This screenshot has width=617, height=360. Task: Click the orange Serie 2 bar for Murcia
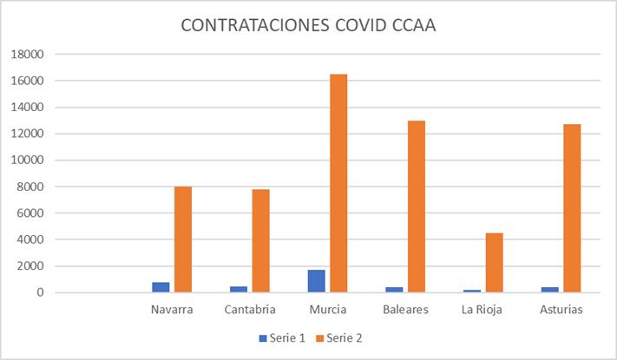coord(338,183)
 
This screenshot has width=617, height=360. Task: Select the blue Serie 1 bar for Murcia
coord(316,281)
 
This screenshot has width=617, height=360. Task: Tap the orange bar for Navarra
coord(182,239)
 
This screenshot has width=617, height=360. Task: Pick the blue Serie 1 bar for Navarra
coord(161,287)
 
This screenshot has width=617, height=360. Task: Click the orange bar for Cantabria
coord(260,240)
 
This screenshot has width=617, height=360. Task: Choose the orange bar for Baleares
coord(417,206)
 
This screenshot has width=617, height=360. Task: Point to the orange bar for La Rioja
coord(494,262)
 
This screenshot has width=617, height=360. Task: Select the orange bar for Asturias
coord(572,208)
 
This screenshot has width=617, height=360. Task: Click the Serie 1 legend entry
coord(281,337)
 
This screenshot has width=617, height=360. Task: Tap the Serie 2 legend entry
coord(339,337)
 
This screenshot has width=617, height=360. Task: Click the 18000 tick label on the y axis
coord(26,55)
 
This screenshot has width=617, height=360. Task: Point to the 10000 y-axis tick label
coord(26,160)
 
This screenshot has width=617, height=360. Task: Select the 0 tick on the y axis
coord(39,293)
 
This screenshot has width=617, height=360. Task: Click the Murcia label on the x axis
coord(327,310)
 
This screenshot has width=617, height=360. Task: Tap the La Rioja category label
coord(483,310)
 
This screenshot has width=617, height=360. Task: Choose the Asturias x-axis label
coord(561,310)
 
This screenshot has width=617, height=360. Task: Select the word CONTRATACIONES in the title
coord(253,25)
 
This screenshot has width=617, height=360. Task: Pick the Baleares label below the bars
coord(405,310)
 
